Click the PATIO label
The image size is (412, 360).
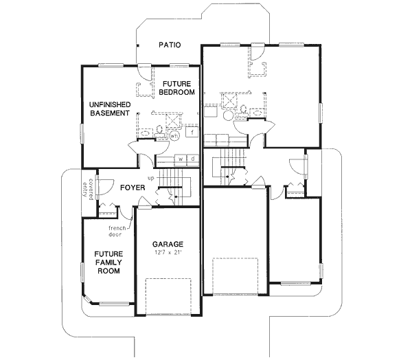(169, 45)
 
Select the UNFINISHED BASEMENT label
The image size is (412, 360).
(110, 109)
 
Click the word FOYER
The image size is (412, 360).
(132, 187)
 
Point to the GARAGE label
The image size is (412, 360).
(168, 244)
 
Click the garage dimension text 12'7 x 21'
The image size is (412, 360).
(168, 253)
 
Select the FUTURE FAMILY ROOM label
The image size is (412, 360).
(108, 262)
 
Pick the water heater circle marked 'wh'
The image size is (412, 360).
(174, 135)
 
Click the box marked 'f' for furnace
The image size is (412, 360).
(193, 131)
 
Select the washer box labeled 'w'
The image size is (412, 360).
(180, 159)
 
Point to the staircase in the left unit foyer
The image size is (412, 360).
(181, 186)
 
